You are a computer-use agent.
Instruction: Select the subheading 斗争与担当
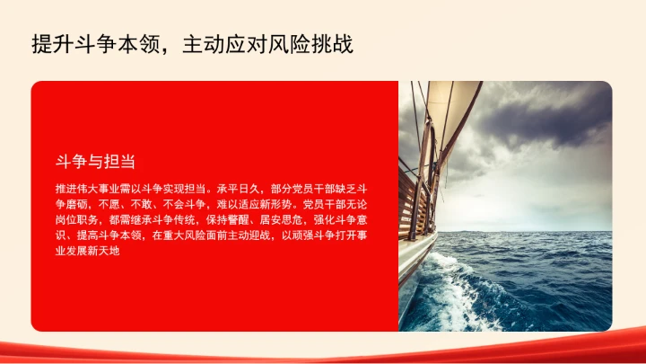(95, 162)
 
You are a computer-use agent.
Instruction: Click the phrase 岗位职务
(75, 219)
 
